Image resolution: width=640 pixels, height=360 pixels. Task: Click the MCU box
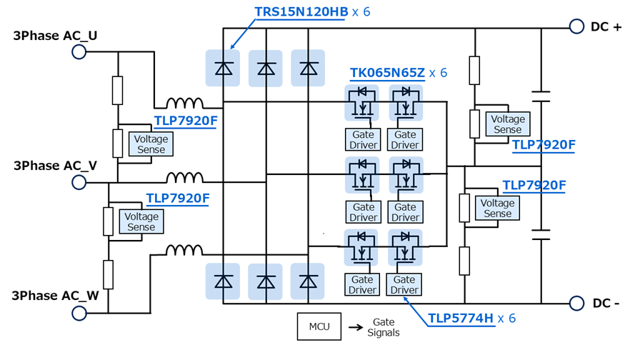coord(319,326)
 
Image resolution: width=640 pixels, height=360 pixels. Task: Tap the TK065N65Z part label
coord(387,73)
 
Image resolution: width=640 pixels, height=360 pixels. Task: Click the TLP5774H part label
coord(460,319)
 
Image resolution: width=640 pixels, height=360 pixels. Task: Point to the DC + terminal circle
coord(576,26)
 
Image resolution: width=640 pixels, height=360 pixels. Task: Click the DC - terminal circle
coord(576,303)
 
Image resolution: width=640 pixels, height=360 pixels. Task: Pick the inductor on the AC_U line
coord(185,104)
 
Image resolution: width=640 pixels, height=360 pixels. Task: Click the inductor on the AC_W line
coord(185,251)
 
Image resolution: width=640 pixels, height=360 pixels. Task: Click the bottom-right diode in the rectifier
coord(308,281)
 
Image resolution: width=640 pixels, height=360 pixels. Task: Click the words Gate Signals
coord(384,327)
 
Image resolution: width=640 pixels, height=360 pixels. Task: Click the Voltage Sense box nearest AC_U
coord(151,144)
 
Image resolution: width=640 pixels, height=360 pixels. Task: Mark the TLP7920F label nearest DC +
coord(544,145)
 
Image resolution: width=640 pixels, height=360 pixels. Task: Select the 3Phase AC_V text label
coord(55,166)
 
